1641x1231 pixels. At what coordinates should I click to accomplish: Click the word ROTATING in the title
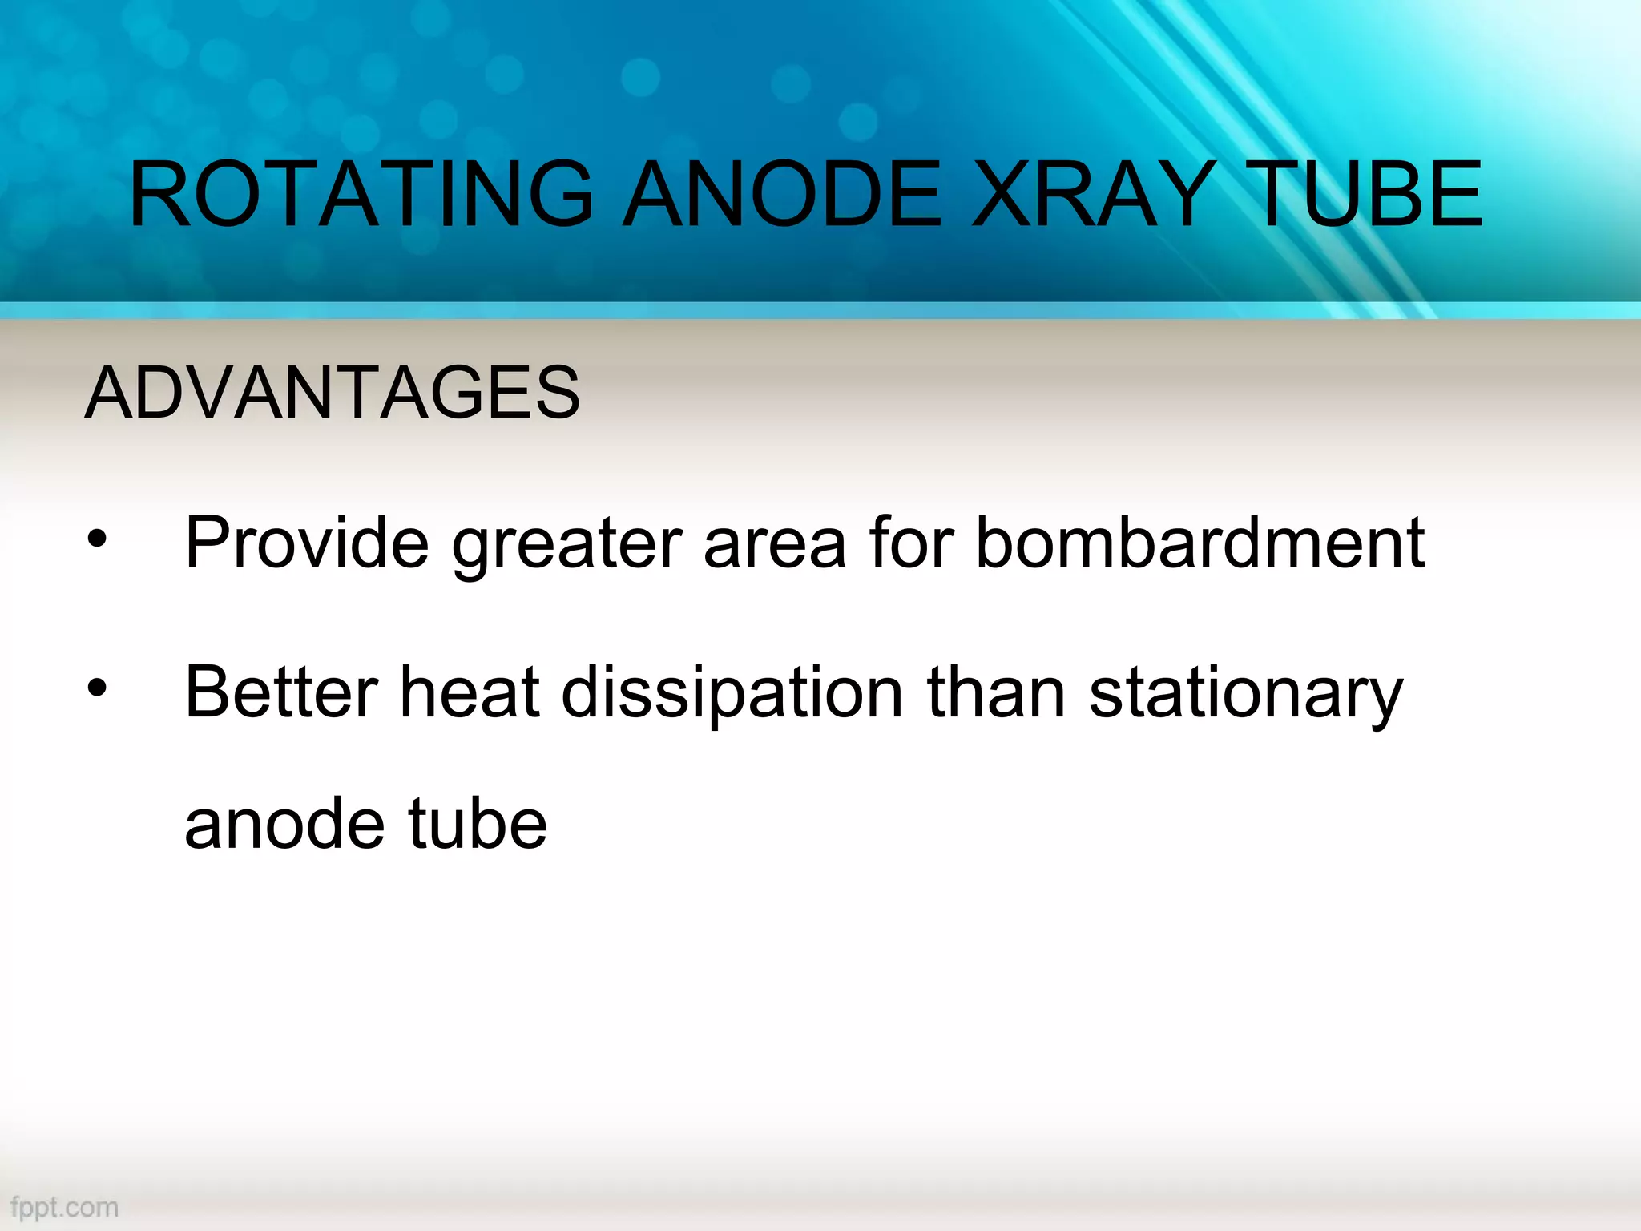pyautogui.click(x=361, y=194)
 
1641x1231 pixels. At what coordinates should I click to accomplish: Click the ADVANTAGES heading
pyautogui.click(x=332, y=392)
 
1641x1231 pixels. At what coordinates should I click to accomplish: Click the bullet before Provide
pyautogui.click(x=97, y=539)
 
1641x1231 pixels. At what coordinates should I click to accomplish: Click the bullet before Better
pyautogui.click(x=97, y=688)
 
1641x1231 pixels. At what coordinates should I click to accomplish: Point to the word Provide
pyautogui.click(x=307, y=543)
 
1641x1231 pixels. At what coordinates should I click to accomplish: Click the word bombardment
pyautogui.click(x=1200, y=543)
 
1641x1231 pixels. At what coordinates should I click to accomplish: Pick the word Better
pyautogui.click(x=281, y=692)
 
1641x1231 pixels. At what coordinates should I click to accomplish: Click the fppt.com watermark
pyautogui.click(x=65, y=1207)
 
